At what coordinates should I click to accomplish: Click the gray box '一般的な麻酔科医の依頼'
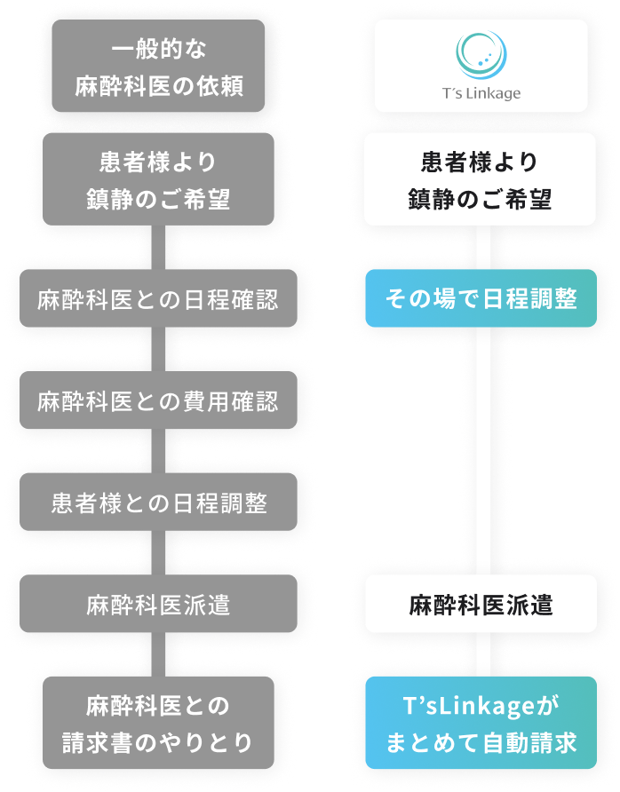pyautogui.click(x=158, y=66)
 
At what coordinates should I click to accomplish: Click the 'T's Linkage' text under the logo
pyautogui.click(x=481, y=92)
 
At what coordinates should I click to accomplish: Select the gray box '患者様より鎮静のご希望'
pyautogui.click(x=158, y=179)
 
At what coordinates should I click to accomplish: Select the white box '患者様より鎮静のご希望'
pyautogui.click(x=481, y=179)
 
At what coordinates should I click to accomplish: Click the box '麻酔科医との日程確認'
pyautogui.click(x=158, y=299)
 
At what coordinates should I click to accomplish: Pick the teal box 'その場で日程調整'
pyautogui.click(x=481, y=299)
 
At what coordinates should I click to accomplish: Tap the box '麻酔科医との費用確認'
pyautogui.click(x=158, y=401)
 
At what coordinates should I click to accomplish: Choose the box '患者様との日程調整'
pyautogui.click(x=158, y=503)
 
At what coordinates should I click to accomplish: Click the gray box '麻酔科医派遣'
pyautogui.click(x=158, y=605)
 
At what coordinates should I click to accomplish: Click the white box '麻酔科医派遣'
pyautogui.click(x=481, y=605)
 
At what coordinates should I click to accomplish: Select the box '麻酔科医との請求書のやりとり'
pyautogui.click(x=158, y=723)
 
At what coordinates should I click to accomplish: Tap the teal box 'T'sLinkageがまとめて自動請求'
pyautogui.click(x=481, y=723)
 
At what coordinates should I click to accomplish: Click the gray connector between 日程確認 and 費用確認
pyautogui.click(x=158, y=350)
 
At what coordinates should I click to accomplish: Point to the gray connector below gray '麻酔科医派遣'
pyautogui.click(x=158, y=654)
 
